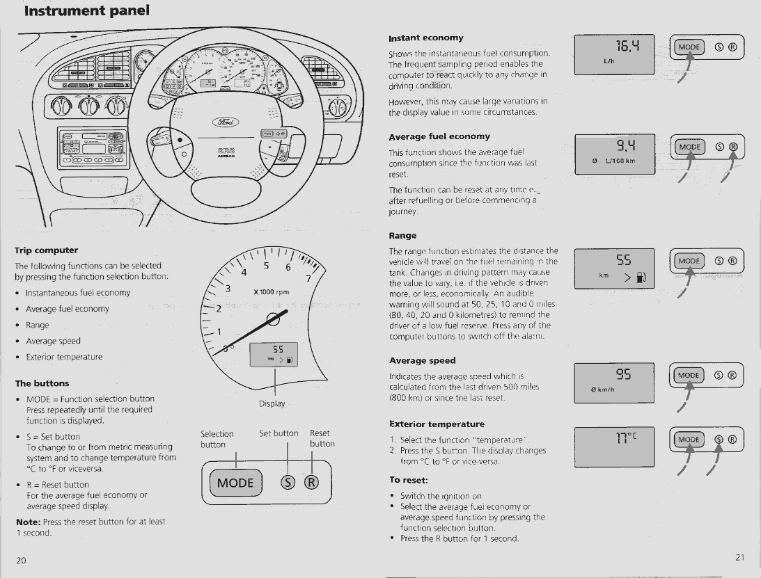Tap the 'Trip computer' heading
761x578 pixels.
47,250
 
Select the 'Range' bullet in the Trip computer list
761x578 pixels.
38,325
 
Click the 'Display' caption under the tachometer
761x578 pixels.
272,403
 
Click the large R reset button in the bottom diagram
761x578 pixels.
311,483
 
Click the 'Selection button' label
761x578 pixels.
217,439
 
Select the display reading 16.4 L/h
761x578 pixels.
615,54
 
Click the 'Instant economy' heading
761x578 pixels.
426,38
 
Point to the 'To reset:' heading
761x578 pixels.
409,480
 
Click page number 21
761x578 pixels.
740,556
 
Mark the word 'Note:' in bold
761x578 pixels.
29,522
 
